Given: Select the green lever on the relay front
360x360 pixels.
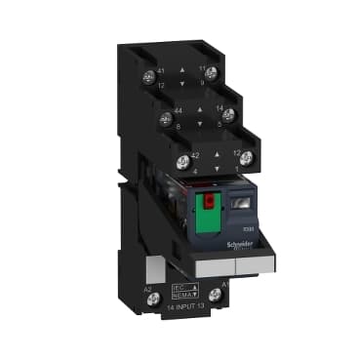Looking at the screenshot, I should [207, 220].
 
